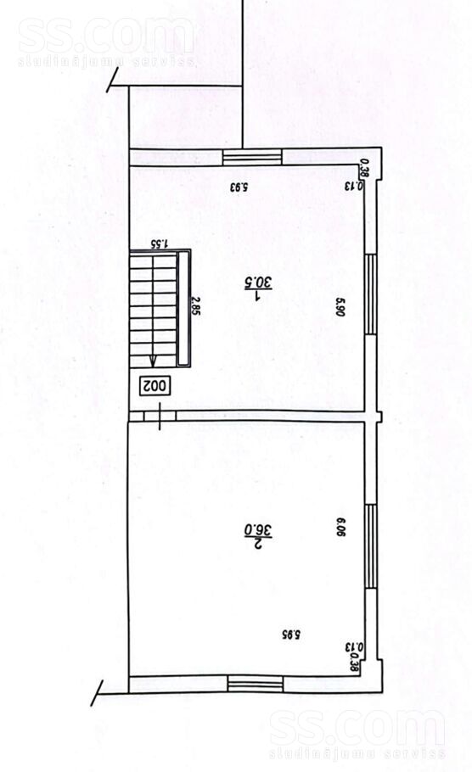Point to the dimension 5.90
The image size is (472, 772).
coord(339,305)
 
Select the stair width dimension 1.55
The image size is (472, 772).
coord(158,243)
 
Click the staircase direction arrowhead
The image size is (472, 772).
coord(153,359)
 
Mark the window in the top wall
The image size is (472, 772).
coord(253,156)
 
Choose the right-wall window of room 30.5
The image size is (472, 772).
coord(370,294)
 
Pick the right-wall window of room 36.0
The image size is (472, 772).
coord(370,545)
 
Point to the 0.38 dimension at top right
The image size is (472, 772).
coord(364,169)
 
